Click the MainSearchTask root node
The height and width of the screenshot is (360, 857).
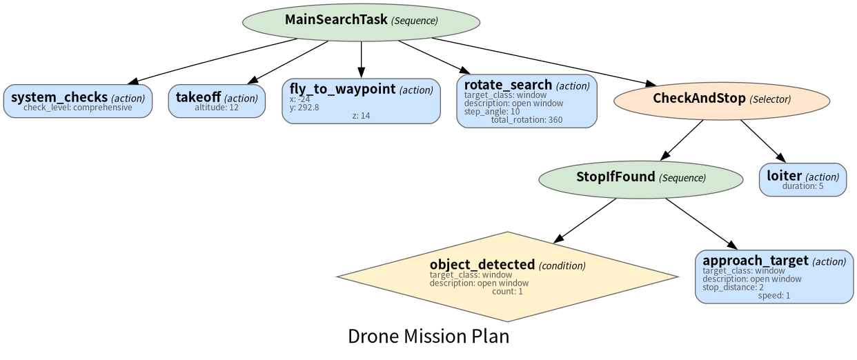[x=361, y=22]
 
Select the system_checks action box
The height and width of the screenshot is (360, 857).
[x=78, y=101]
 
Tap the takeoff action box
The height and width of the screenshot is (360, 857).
[x=217, y=101]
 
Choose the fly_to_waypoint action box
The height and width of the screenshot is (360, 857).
[x=361, y=101]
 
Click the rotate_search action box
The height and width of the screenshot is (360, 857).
[x=526, y=101]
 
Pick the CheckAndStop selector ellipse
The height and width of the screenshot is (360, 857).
[x=722, y=101]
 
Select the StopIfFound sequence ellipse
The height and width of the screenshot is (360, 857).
[x=641, y=179]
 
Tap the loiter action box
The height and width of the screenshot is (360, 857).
[x=802, y=179]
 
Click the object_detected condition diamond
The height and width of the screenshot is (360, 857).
[x=507, y=277]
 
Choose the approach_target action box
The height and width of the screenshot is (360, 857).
[x=774, y=277]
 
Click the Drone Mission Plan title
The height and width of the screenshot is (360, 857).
[x=428, y=337]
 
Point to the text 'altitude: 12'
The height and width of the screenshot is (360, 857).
[x=217, y=108]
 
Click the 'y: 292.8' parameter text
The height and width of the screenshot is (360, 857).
[x=304, y=108]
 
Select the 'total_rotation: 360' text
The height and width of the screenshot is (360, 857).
[x=526, y=120]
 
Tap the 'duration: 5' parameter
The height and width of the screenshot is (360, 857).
[x=802, y=186]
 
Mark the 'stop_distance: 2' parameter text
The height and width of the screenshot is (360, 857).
[x=733, y=288]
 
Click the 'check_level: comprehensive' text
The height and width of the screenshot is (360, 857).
[x=78, y=108]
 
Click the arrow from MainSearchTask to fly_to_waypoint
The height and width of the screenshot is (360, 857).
[x=361, y=60]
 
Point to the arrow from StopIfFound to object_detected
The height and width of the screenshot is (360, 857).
[x=584, y=221]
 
